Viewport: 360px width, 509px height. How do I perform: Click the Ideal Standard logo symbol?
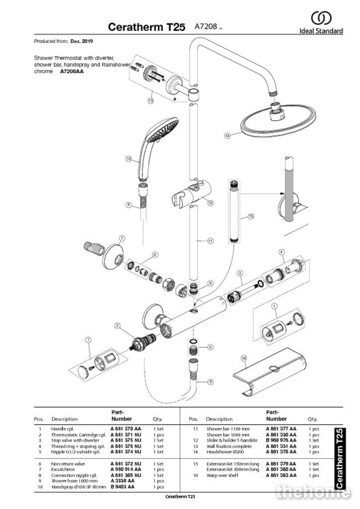coord(321,18)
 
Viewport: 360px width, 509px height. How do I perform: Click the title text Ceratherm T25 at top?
coord(148,27)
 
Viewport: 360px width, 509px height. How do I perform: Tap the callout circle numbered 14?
coord(227,135)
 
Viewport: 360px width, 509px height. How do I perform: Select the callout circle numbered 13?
coord(150,100)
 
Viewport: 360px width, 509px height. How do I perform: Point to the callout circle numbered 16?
coord(244,358)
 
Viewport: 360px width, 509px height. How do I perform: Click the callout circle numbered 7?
coord(122,239)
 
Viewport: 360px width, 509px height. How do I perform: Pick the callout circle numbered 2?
coord(117,326)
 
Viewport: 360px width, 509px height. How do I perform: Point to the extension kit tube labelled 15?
coord(235,211)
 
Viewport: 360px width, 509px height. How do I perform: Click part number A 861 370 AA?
coord(125,428)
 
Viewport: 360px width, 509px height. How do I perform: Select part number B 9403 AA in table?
coord(122,487)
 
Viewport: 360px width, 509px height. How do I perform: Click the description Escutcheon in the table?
coord(63,469)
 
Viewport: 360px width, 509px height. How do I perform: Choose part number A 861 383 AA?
coord(281,475)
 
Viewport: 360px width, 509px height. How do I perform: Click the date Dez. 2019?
coord(82,41)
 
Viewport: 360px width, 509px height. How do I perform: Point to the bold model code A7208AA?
coord(72,72)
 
